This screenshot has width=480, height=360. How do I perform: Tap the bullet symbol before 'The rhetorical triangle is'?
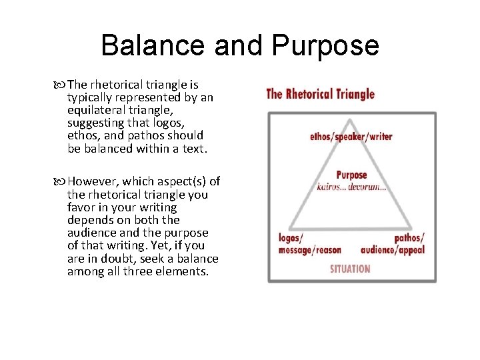point(62,85)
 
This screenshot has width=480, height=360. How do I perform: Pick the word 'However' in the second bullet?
point(90,182)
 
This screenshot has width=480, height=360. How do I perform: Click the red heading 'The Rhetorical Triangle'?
point(320,94)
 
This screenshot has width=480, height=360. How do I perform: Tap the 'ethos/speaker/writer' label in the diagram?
point(351,137)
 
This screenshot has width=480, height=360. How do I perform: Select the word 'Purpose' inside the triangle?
point(351,175)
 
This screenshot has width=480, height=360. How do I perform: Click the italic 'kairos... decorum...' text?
point(351,187)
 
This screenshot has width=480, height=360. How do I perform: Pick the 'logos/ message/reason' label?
point(309,244)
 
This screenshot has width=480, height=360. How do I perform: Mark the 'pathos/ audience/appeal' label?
point(393,244)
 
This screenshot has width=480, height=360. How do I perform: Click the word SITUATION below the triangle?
point(350,269)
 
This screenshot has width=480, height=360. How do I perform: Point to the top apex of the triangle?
point(351,119)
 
